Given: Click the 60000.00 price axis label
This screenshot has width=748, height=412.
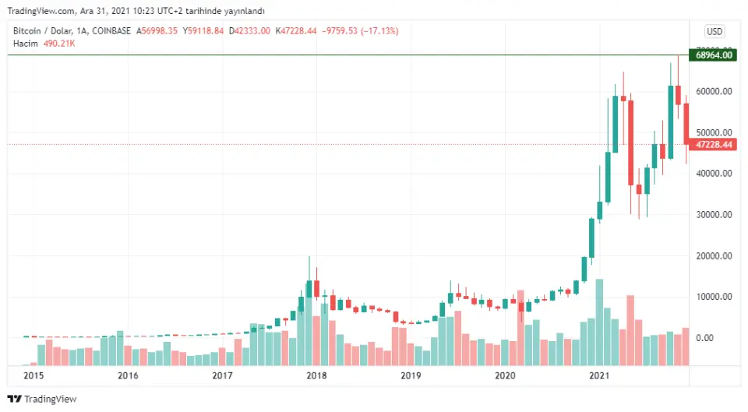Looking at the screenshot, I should tap(715, 91).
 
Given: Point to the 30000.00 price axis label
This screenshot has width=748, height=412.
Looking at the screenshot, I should tap(715, 215).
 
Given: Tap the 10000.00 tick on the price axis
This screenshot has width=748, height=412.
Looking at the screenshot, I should tap(715, 297).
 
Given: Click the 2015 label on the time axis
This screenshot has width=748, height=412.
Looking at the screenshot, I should tap(34, 375).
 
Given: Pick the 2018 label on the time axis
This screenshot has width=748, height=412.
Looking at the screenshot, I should tap(316, 375).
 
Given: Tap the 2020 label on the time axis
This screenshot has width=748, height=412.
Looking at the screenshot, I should tap(506, 375).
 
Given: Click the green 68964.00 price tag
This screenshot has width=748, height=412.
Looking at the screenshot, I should tap(714, 55).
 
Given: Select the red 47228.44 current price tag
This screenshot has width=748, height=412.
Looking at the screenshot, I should tap(714, 144).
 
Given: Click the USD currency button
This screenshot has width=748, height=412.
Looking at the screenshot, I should tap(714, 31).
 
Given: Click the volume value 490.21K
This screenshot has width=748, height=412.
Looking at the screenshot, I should tap(59, 43).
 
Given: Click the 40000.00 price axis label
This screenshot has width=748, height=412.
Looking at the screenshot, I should tap(715, 174).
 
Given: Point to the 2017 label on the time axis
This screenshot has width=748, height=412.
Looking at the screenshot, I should tap(222, 375).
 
